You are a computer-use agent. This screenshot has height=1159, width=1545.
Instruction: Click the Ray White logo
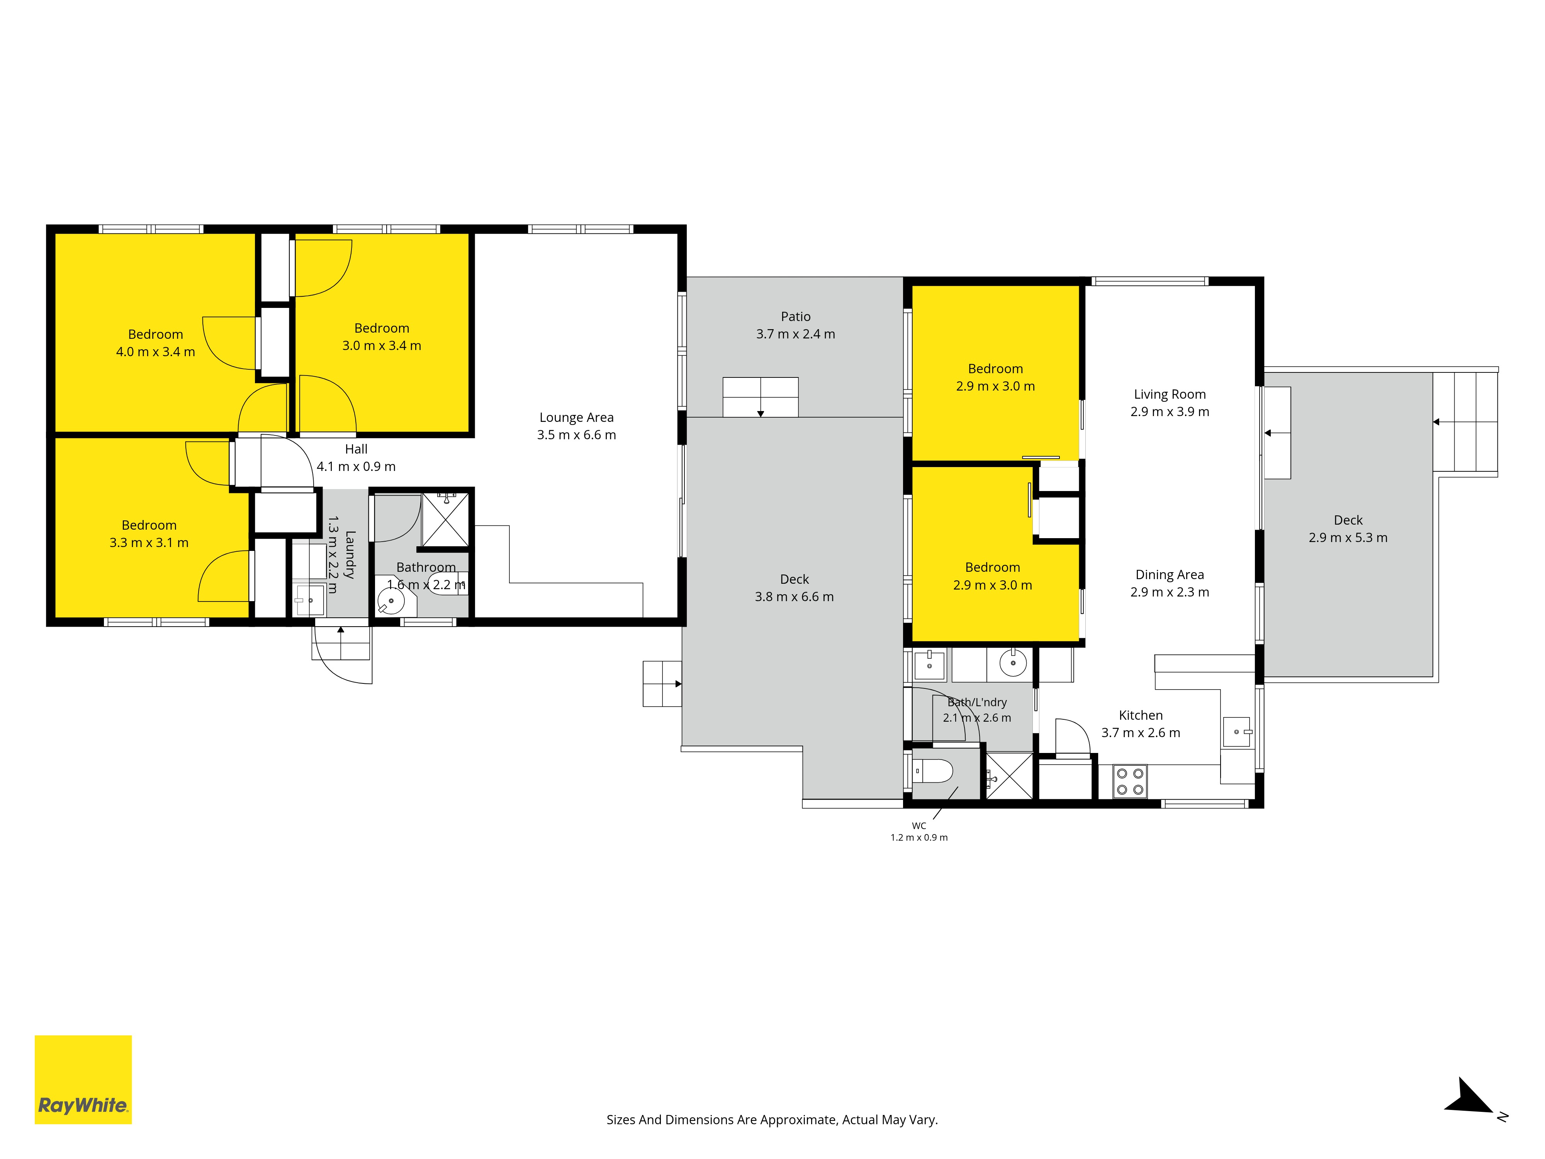click(x=83, y=1079)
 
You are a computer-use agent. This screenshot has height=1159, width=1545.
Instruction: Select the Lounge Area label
click(x=576, y=417)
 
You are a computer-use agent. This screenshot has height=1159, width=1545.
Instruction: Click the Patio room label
click(x=796, y=316)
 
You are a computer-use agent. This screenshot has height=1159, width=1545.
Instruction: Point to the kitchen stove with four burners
click(x=1129, y=781)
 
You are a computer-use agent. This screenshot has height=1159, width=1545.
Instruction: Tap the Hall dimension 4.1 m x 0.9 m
click(x=356, y=466)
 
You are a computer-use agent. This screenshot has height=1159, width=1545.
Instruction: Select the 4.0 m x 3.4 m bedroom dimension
click(x=155, y=352)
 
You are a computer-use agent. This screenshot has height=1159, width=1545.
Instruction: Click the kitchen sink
click(x=1236, y=731)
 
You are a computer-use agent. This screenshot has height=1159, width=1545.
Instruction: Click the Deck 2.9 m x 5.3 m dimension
click(x=1348, y=537)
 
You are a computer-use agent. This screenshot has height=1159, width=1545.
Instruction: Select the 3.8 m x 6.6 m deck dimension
click(x=794, y=596)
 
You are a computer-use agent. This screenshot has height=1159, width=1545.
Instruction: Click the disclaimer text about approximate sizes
click(x=772, y=1120)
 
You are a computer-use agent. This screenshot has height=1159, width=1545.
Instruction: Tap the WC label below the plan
click(x=919, y=826)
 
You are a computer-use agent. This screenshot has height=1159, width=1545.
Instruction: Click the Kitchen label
click(x=1141, y=715)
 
